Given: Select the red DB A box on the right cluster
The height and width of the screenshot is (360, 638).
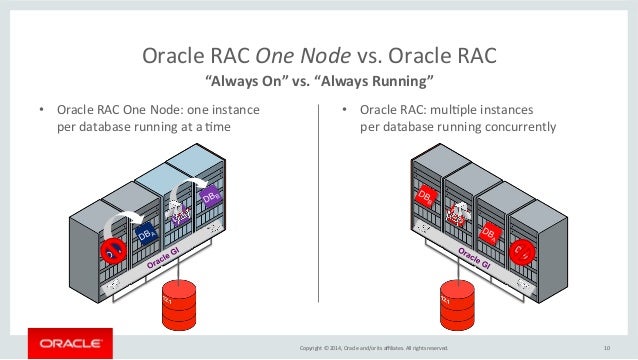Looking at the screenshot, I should [489, 233].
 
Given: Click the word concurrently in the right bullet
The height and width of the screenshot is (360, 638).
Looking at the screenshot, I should [513, 127].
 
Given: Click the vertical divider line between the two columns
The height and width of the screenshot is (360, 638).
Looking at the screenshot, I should [319, 200].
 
